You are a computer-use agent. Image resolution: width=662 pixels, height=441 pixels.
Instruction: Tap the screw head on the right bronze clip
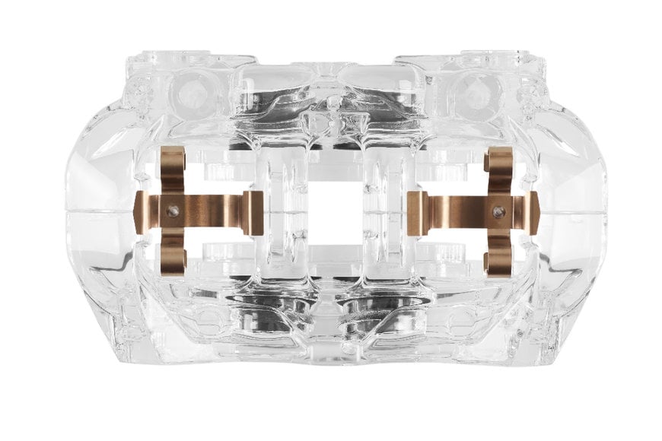pos(498,212)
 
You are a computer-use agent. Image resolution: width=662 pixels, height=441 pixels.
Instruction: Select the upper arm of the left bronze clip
pos(173,169)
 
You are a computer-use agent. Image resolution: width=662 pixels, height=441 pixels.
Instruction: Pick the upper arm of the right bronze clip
pos(499,169)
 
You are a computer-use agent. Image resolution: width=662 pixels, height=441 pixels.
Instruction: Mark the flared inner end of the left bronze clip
pos(255,213)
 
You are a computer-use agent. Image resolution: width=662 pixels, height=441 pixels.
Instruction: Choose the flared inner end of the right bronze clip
pos(416,213)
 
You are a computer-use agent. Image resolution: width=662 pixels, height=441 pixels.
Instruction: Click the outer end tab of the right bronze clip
pos(533,213)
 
